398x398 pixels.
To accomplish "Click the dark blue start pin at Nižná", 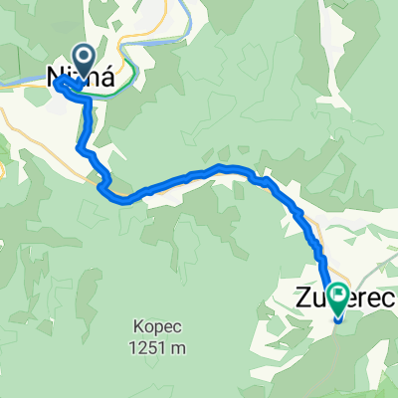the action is pos(81,60).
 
